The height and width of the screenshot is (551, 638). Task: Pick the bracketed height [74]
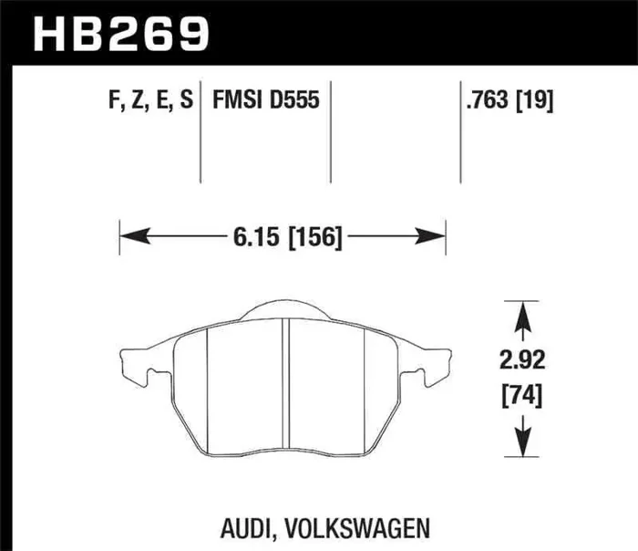click(x=521, y=398)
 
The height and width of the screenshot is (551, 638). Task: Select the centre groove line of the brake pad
click(x=286, y=383)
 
